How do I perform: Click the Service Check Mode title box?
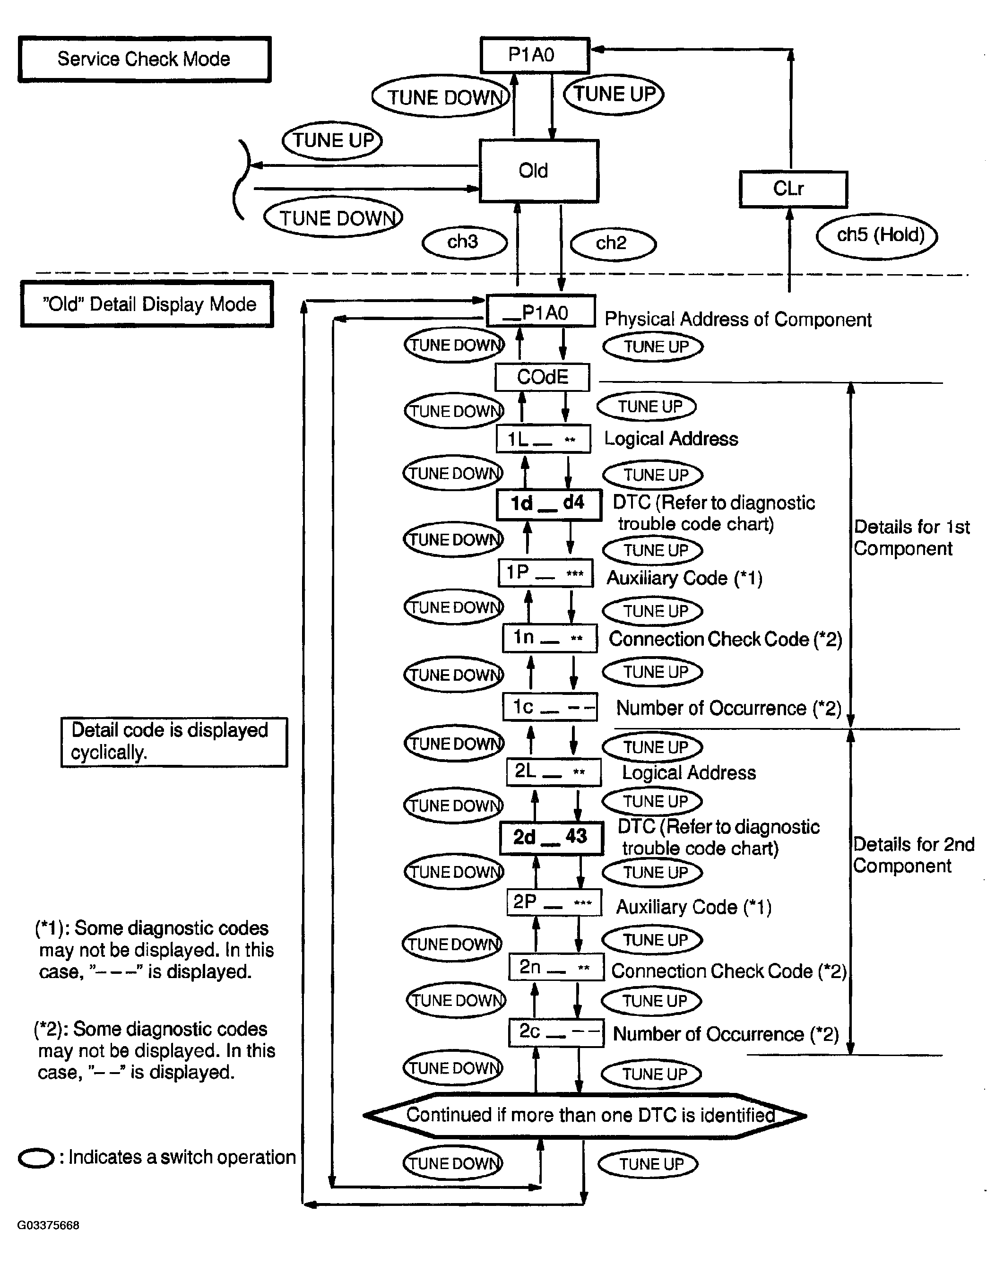point(144,59)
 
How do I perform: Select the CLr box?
point(793,189)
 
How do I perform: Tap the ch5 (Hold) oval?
point(877,236)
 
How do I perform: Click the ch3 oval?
point(464,243)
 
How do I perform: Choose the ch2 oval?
point(613,243)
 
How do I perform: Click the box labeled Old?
point(539,171)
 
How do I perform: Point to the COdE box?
point(542,377)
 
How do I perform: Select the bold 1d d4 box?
point(549,504)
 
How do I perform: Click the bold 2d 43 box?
point(551,838)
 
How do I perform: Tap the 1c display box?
point(550,707)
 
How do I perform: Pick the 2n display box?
point(556,968)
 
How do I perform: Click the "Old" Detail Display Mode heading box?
point(147,304)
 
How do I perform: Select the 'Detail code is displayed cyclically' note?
point(173,742)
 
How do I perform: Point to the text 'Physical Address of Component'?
point(737,319)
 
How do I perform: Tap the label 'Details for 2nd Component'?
point(913,855)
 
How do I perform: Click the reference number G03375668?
point(48,1225)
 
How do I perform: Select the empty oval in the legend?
point(36,1158)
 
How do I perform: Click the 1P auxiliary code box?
point(545,572)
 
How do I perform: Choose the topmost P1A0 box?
point(534,55)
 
